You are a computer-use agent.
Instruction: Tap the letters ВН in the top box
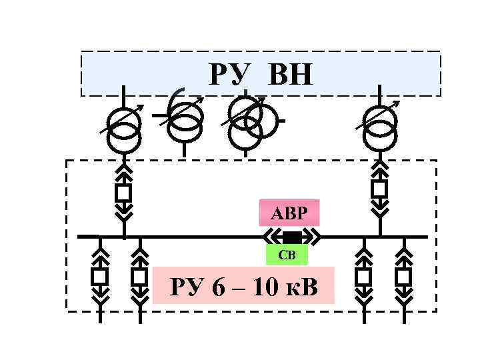290,75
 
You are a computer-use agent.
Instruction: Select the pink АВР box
289,213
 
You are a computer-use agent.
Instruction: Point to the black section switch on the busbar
292,237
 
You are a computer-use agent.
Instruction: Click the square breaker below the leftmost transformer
123,193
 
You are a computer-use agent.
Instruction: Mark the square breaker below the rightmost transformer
379,189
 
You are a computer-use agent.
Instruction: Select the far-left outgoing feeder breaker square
100,276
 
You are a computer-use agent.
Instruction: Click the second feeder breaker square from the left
139,276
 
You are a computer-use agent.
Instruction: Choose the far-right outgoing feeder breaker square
403,276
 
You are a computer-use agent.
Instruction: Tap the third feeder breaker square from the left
363,276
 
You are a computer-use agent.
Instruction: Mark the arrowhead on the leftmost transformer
138,107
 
